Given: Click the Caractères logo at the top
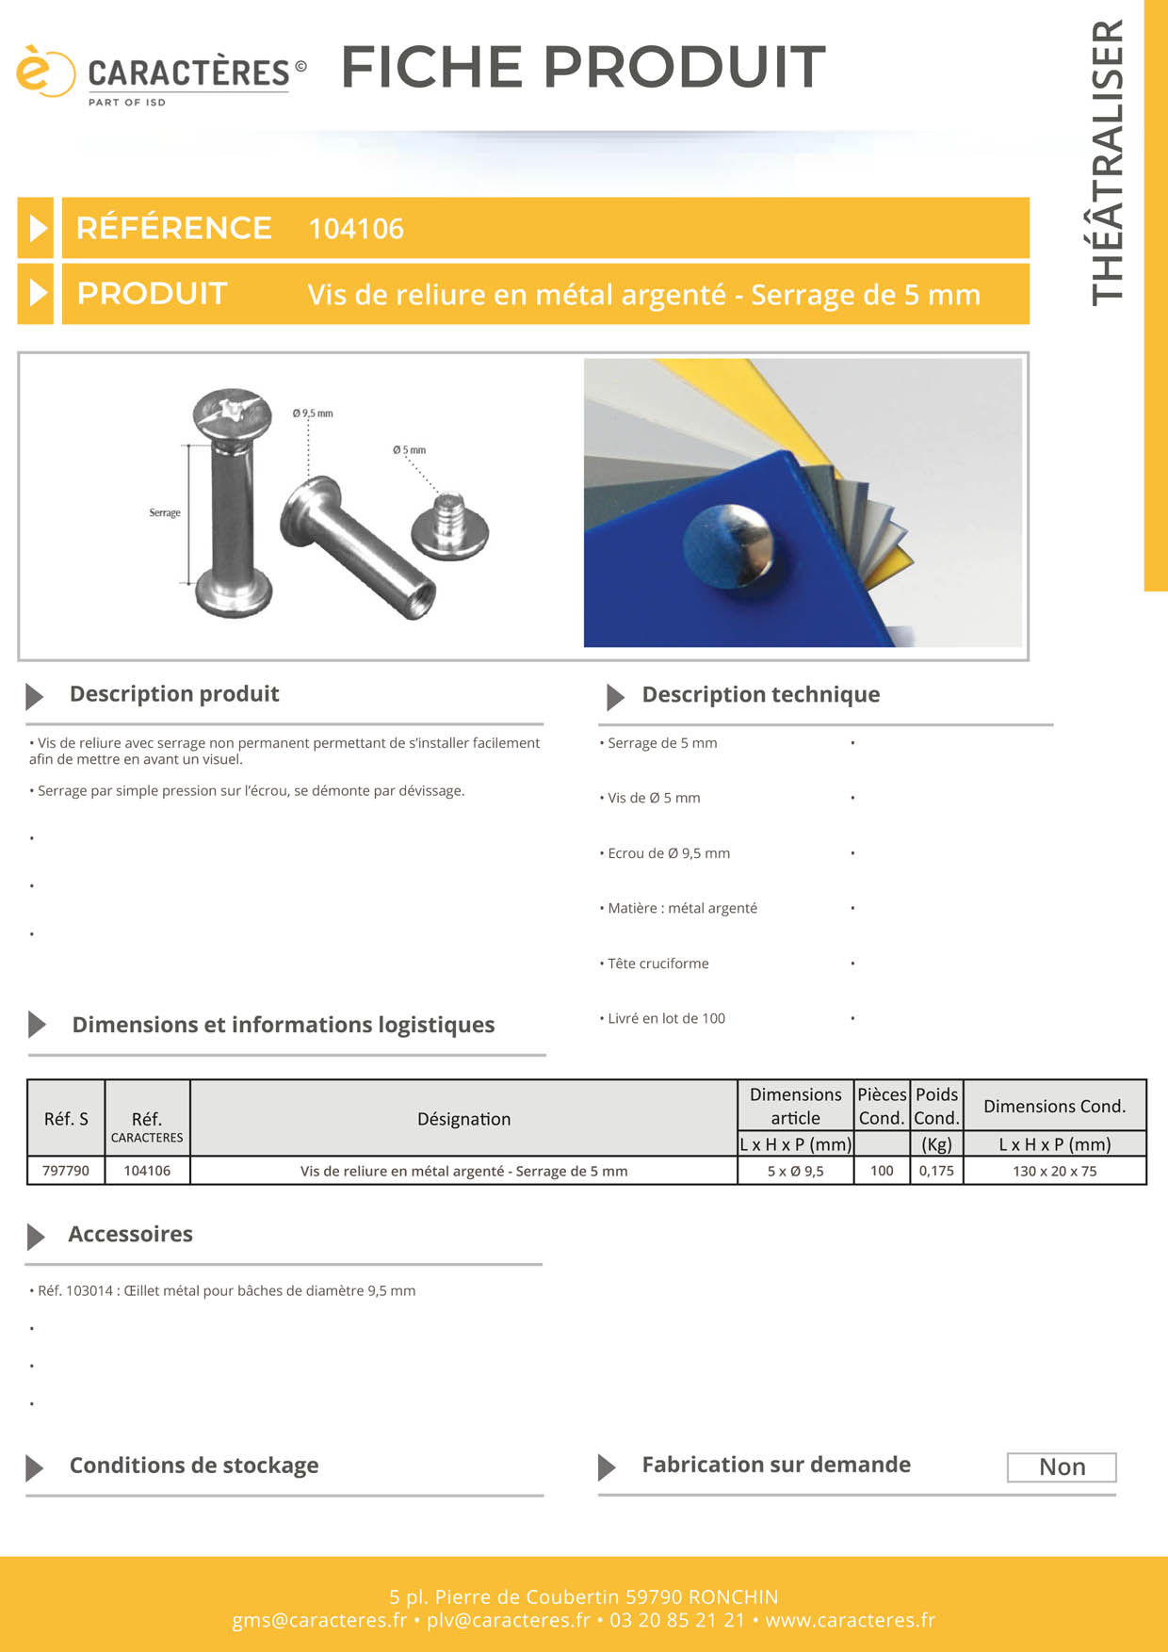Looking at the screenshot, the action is tap(161, 75).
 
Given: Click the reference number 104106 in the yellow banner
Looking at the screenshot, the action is tap(356, 229).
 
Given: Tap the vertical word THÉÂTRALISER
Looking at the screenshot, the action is tap(1108, 162).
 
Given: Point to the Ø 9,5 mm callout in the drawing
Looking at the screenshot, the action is tap(313, 413).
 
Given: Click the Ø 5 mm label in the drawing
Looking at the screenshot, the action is tap(410, 450).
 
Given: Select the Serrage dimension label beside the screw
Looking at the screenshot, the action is tap(165, 512).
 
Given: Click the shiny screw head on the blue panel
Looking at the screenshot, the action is tap(728, 544).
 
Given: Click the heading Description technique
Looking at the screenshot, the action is tap(761, 694).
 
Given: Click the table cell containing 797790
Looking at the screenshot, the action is tap(66, 1171).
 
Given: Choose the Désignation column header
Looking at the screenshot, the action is tap(464, 1119).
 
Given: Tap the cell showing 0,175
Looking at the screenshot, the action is tap(936, 1171).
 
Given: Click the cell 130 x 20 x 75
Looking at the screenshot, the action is tap(1055, 1171).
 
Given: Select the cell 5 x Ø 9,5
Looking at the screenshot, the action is tap(796, 1171).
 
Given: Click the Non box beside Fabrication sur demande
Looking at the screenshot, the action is tap(1062, 1467).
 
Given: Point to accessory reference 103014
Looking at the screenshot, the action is tap(89, 1290).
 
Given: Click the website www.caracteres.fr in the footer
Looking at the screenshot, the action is tap(850, 1620).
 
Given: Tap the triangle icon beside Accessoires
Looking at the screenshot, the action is tap(36, 1237).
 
